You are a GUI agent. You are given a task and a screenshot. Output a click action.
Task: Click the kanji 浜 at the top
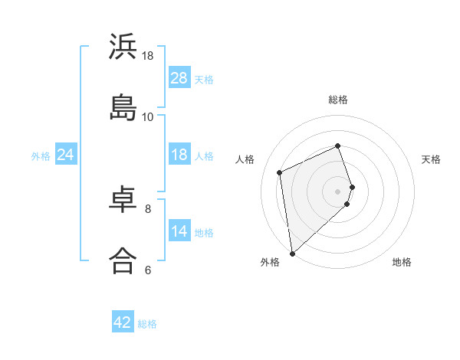click(123, 47)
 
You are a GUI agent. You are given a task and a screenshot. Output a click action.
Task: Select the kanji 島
click(123, 107)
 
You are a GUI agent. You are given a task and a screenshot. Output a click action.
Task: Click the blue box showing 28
click(179, 78)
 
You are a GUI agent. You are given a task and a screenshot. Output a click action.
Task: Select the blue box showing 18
click(179, 155)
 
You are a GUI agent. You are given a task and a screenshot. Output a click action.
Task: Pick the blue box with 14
click(179, 231)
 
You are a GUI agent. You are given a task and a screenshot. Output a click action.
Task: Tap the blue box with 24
click(66, 155)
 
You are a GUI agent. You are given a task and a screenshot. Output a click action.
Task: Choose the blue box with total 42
click(123, 322)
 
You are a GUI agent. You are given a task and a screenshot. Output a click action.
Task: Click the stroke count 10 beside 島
click(148, 117)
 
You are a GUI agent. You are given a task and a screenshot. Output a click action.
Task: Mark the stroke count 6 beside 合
click(148, 270)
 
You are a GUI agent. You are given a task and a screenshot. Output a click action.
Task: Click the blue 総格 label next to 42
click(147, 324)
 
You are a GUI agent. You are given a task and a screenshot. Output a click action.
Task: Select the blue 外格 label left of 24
click(41, 155)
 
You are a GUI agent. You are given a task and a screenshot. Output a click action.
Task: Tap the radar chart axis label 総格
click(338, 100)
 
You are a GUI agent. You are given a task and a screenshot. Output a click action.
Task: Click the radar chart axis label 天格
click(432, 159)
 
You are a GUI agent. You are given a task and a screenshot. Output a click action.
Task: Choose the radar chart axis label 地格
click(402, 262)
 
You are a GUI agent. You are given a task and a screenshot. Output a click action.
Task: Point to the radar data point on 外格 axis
click(292, 253)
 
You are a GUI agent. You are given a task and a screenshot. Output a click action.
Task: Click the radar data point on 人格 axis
click(280, 172)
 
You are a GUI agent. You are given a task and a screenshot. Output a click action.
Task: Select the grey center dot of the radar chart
click(338, 191)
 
